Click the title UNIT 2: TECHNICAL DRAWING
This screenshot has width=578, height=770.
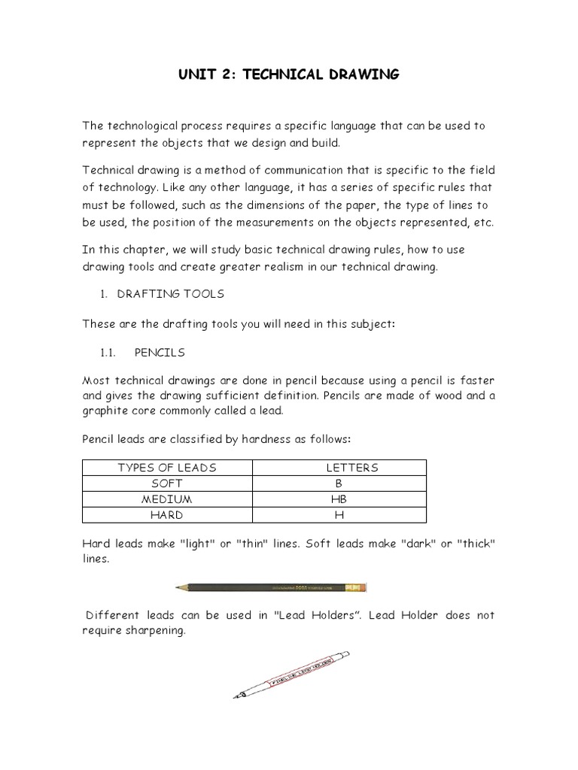tap(288, 74)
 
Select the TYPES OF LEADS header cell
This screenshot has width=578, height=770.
tap(167, 468)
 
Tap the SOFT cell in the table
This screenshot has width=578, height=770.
tap(167, 484)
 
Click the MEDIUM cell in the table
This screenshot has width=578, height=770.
tap(167, 499)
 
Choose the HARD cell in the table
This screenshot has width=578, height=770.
tap(167, 515)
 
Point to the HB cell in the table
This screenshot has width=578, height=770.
tap(339, 499)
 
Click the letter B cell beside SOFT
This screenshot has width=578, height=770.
tap(339, 484)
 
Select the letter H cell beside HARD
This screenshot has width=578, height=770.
tap(339, 515)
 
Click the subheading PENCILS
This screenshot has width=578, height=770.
tap(160, 352)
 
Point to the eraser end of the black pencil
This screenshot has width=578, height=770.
tap(361, 587)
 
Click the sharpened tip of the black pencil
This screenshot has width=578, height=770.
tap(178, 587)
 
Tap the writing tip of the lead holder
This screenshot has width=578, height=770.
tap(236, 696)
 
